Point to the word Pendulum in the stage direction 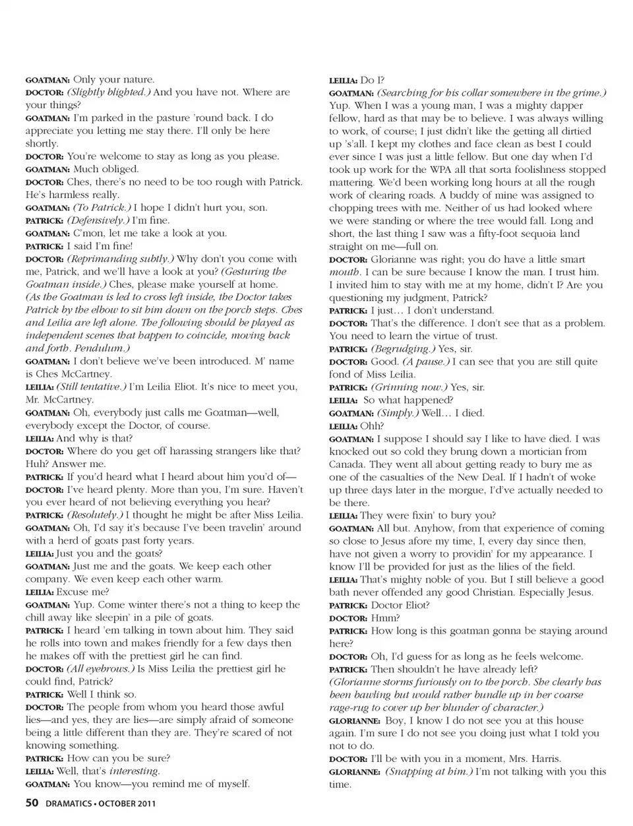point(99,348)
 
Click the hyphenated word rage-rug point(353,707)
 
